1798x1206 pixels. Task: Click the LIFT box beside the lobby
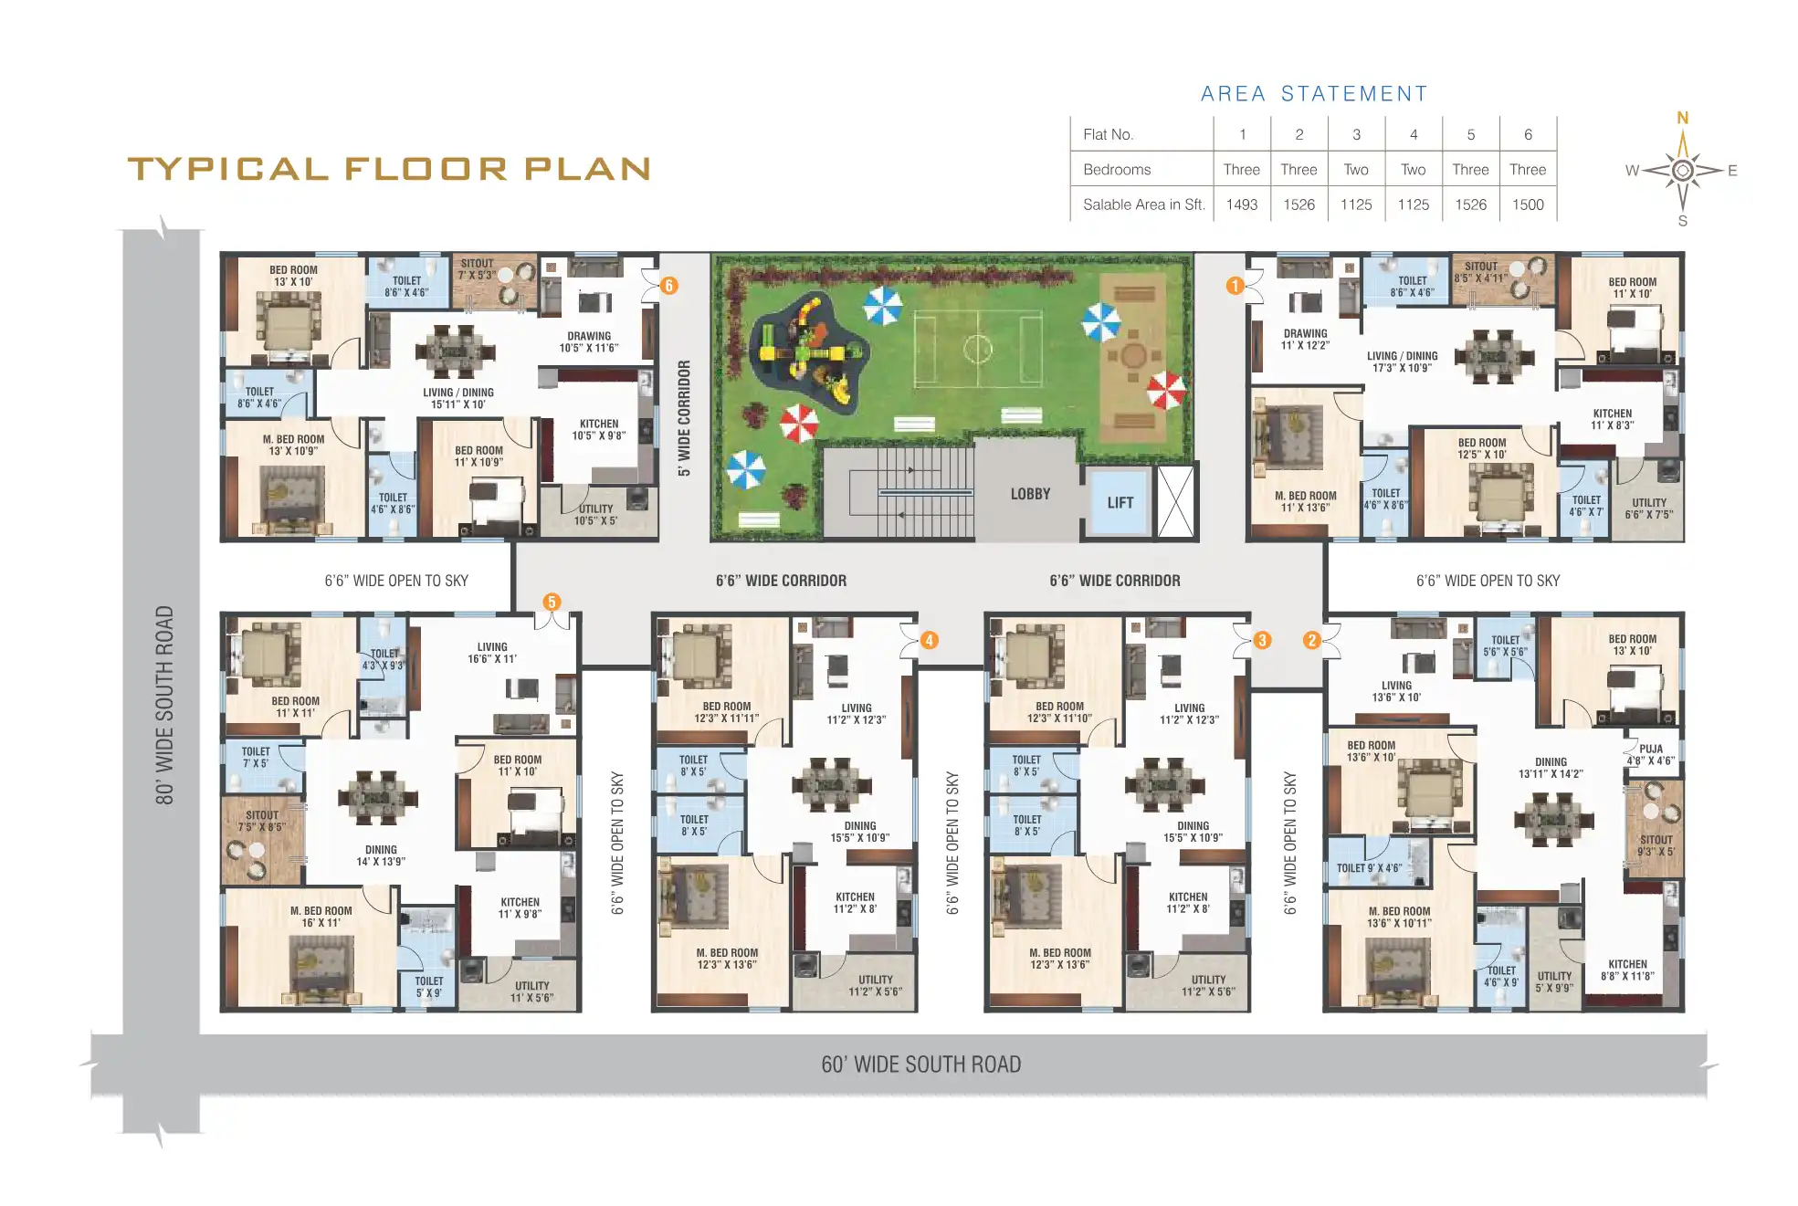[1120, 502]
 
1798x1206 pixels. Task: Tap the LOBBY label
[1030, 494]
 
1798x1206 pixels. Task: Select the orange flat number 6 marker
[668, 286]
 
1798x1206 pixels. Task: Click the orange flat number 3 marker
[1262, 640]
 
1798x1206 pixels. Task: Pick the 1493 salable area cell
[1241, 204]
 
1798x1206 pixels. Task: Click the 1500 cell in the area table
[1527, 204]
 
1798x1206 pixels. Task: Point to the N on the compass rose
[1682, 118]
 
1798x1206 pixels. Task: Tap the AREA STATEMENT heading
[1313, 94]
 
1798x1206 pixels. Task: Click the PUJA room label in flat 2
[1650, 754]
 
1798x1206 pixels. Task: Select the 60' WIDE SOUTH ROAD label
[920, 1064]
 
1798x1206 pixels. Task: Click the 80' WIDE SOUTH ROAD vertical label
[164, 705]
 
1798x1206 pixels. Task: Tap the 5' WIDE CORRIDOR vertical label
[684, 418]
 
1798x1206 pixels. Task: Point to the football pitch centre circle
[977, 348]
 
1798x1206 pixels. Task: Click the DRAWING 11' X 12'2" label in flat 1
[1305, 339]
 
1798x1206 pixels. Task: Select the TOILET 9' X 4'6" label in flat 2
[1369, 868]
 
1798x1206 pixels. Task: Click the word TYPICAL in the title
[227, 169]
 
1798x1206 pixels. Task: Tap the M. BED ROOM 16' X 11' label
[321, 917]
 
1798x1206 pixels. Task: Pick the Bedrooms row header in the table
[1116, 170]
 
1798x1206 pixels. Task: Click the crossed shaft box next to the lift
[1175, 502]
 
